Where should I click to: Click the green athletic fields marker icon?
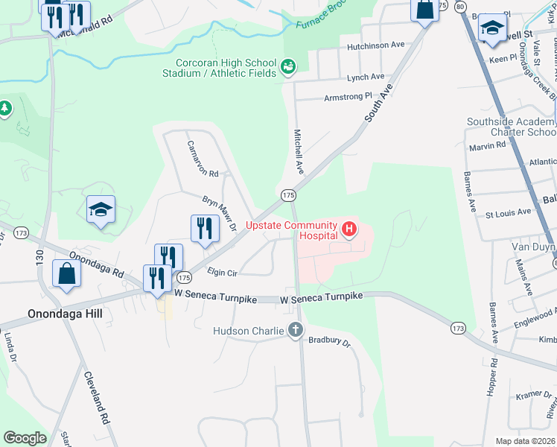click(x=287, y=69)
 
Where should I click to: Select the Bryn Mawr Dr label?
click(x=220, y=212)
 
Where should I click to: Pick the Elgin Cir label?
click(x=221, y=273)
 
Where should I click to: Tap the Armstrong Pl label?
click(x=347, y=97)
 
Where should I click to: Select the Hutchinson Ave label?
click(x=375, y=47)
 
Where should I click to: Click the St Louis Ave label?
click(x=508, y=212)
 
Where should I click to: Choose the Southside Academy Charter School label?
click(x=511, y=127)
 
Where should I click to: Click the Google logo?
click(x=25, y=438)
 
